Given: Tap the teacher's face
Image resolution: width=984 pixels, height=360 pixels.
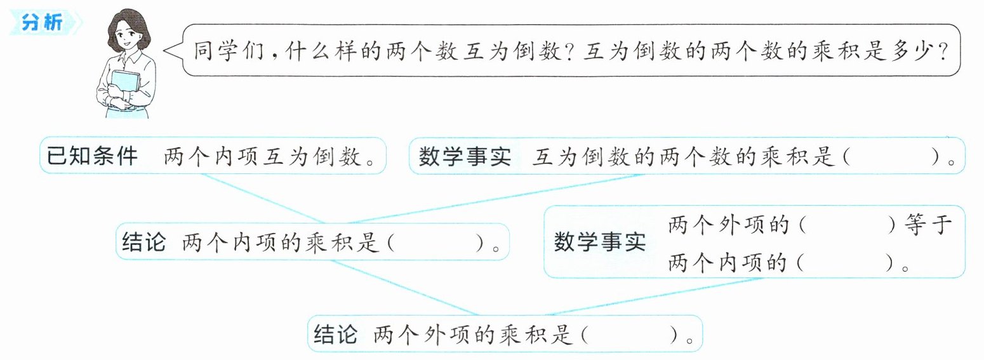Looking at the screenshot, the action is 126,38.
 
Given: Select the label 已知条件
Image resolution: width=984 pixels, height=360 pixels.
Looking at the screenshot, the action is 92,156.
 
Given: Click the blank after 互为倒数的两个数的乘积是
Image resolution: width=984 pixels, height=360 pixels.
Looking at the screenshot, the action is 892,156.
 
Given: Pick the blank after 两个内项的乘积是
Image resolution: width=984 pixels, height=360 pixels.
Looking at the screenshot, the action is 435,242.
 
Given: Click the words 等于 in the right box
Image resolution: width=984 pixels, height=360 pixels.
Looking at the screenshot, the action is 927,225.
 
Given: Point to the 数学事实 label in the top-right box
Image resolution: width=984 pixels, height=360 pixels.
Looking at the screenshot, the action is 464,156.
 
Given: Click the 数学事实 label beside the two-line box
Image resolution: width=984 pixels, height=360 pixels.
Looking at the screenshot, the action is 600,242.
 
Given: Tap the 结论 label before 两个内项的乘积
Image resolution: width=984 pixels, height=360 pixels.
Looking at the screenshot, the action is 143,242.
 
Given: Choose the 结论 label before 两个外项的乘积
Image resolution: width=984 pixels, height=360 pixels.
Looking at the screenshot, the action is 336,335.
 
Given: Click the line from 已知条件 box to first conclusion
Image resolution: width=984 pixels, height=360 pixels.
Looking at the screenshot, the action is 263,198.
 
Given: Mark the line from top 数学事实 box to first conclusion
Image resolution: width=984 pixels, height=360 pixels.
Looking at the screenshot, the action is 494,199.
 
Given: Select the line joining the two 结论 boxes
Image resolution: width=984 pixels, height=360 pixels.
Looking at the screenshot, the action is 404,288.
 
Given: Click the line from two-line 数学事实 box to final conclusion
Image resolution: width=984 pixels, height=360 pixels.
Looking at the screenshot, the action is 655,297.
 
